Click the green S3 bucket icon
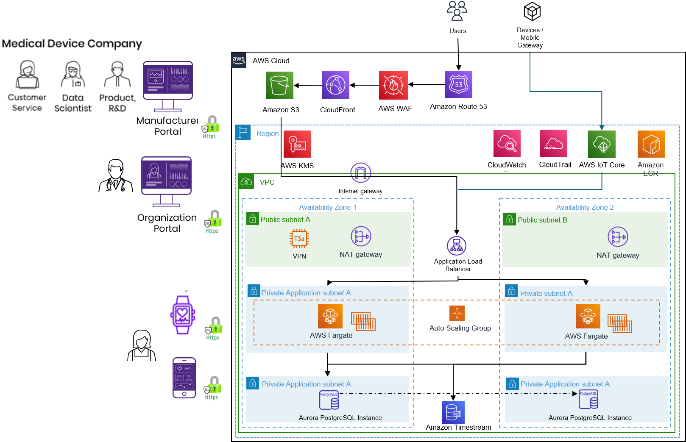279,85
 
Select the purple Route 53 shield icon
458,84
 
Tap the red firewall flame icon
393,85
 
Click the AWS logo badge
239,60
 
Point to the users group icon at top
457,11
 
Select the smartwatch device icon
183,316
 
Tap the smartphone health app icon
184,378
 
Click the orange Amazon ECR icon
651,144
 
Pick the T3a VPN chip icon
299,239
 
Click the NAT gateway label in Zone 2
618,255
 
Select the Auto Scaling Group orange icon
457,313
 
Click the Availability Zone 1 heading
327,207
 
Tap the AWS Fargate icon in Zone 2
588,316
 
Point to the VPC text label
267,182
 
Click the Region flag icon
243,133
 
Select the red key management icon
297,144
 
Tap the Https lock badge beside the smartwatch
214,329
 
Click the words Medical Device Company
72,44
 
